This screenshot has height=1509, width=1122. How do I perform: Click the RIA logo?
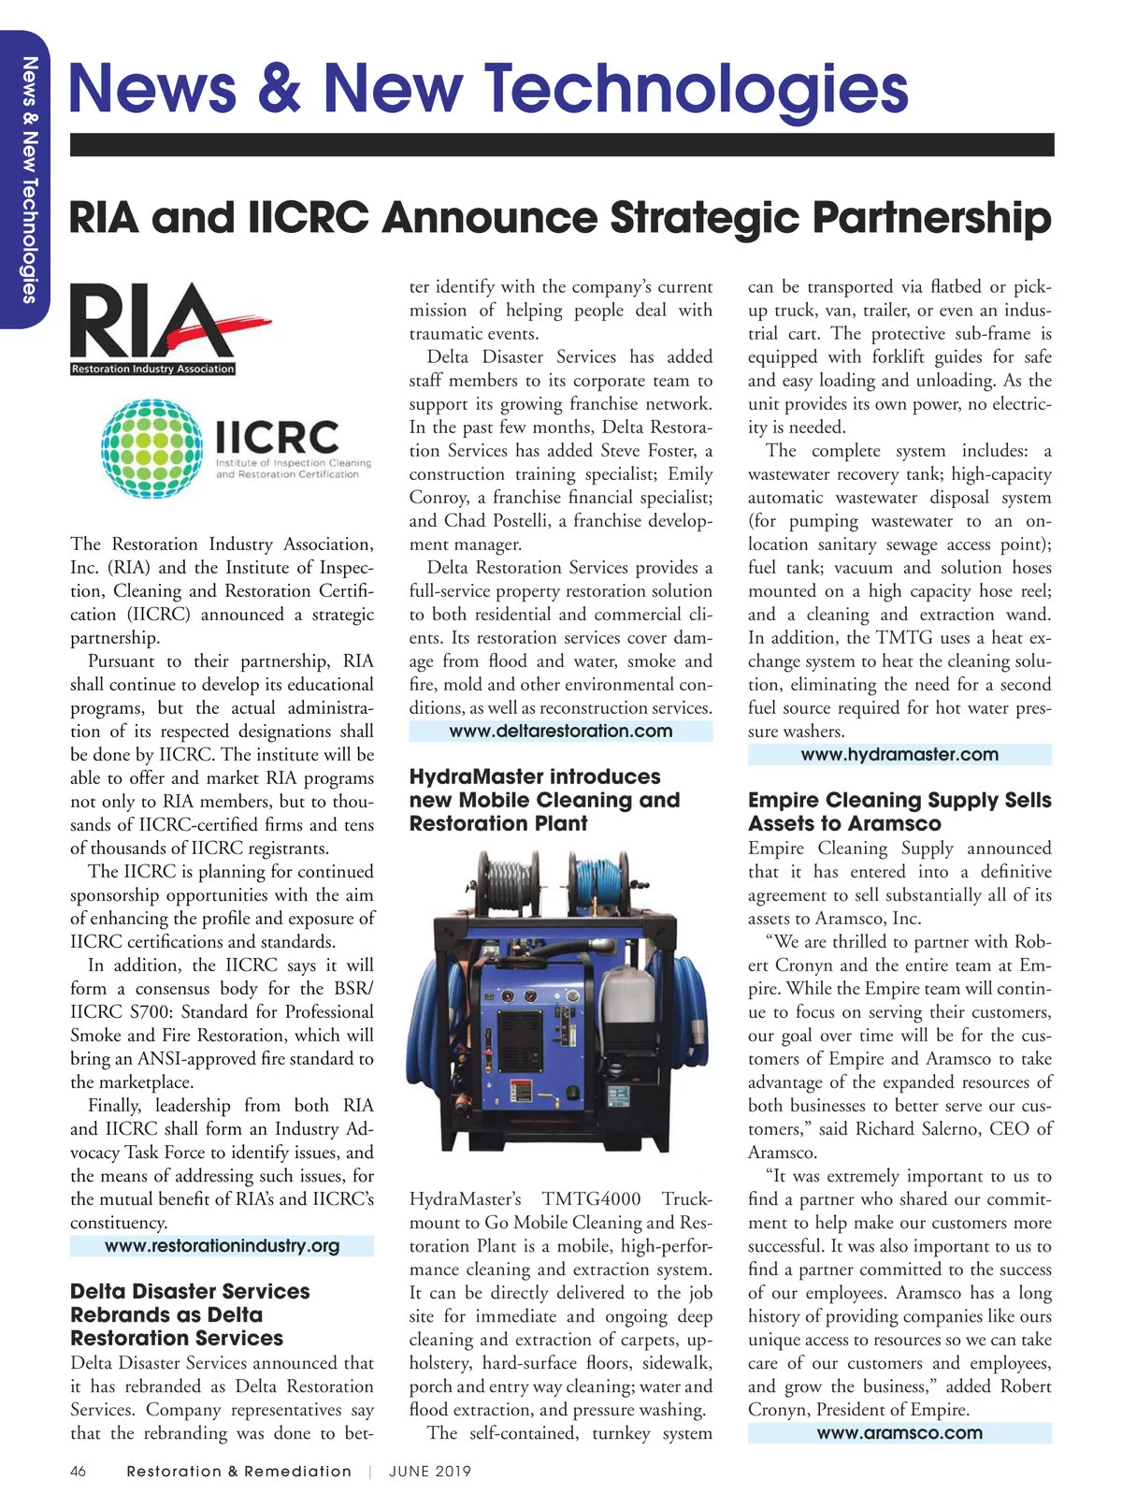tap(154, 326)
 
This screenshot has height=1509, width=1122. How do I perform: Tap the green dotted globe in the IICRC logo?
tap(152, 448)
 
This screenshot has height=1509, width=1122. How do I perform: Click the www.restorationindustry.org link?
tap(222, 1246)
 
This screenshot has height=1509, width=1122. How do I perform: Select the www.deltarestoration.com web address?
tap(560, 732)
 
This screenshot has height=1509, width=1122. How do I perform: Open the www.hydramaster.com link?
tap(899, 755)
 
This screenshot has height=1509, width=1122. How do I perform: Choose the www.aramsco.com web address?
tap(899, 1433)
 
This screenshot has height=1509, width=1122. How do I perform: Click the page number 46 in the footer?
tap(79, 1472)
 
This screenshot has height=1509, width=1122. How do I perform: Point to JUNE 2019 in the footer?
tap(430, 1472)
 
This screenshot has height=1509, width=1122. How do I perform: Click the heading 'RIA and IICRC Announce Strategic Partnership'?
tap(560, 218)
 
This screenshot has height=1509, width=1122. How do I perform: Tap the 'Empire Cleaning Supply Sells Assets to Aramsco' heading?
tap(899, 812)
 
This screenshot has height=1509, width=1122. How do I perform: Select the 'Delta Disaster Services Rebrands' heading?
tap(190, 1314)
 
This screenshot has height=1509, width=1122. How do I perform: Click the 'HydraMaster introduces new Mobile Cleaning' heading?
tap(544, 801)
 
